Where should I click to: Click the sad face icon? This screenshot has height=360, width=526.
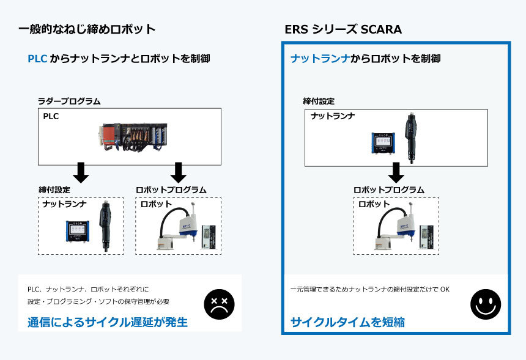pos(219,304)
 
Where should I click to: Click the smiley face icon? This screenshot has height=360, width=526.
pos(486,304)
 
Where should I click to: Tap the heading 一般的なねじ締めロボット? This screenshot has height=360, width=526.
pos(87,29)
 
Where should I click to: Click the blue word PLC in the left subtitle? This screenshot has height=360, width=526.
pos(37,59)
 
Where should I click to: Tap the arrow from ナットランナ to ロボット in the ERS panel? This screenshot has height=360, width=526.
pos(396,172)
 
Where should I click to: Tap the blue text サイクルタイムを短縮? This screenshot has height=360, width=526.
pos(347,321)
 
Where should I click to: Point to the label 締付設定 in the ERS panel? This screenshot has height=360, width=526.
pos(319,101)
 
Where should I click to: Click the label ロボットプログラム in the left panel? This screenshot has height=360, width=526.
pos(171,190)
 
